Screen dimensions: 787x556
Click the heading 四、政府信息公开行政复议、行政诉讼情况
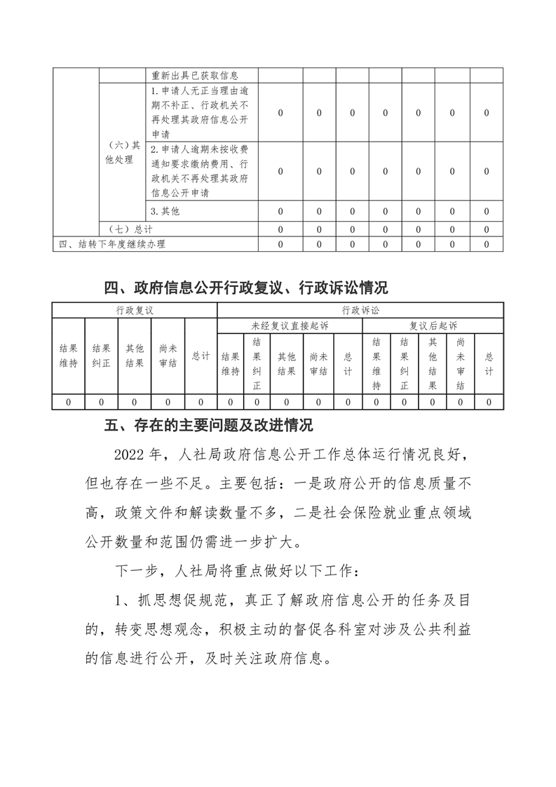coord(245,288)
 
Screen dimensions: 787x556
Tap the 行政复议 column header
coord(134,310)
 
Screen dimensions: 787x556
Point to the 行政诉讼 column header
coord(360,310)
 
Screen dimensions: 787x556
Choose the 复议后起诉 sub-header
coord(433,325)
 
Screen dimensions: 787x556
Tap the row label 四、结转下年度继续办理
coord(112,244)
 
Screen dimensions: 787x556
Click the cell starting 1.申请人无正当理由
coord(200,112)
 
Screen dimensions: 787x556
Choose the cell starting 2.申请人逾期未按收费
coord(200,170)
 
